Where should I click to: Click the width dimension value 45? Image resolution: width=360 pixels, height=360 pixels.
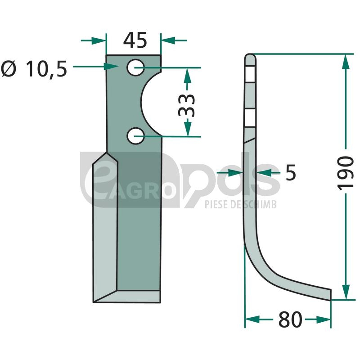click(x=135, y=40)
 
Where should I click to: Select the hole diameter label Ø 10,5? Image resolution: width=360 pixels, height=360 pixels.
click(x=34, y=69)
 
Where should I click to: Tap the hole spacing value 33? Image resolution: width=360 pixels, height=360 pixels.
click(x=186, y=105)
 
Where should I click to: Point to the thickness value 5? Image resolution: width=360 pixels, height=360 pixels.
click(x=291, y=172)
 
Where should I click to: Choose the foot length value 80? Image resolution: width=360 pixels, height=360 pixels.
click(x=290, y=319)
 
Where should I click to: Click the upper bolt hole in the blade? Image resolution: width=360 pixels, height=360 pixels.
click(x=135, y=67)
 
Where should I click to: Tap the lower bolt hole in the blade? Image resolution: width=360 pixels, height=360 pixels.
click(x=135, y=136)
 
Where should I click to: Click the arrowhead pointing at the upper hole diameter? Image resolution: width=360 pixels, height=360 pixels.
click(x=111, y=67)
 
